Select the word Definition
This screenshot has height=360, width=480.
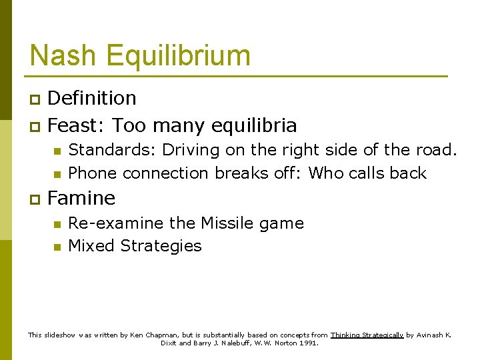pyautogui.click(x=92, y=98)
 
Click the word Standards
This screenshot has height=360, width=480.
pyautogui.click(x=111, y=149)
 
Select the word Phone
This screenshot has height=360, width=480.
pyautogui.click(x=92, y=173)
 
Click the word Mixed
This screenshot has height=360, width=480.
pyautogui.click(x=91, y=245)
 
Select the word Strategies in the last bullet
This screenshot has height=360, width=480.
pyautogui.click(x=161, y=246)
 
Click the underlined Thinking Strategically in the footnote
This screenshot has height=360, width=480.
pyautogui.click(x=367, y=335)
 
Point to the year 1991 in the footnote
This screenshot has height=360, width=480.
pyautogui.click(x=308, y=343)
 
